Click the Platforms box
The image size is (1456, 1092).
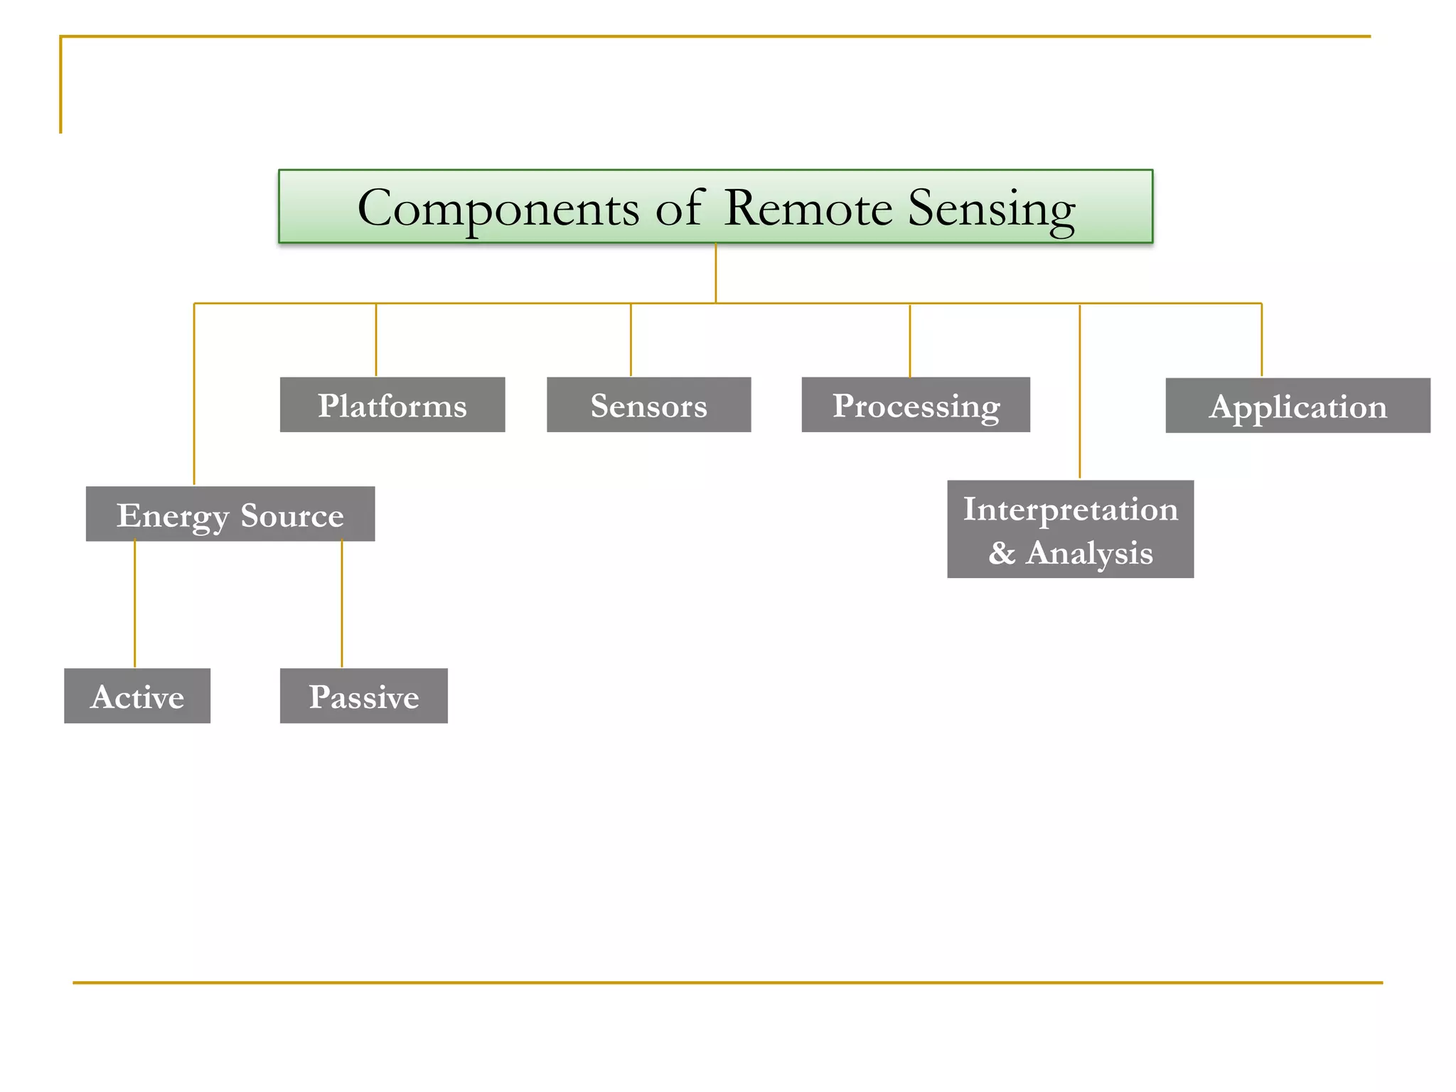[392, 405]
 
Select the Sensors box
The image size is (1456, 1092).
[648, 405]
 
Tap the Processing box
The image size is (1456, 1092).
[916, 405]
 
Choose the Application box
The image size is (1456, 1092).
[1297, 406]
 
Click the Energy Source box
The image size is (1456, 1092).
[230, 514]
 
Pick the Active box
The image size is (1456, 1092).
[137, 696]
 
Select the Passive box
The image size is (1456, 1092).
[363, 696]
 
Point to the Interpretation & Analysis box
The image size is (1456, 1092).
[1070, 530]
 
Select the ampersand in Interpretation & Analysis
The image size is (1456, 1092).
[1002, 553]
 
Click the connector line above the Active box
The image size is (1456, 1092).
[134, 604]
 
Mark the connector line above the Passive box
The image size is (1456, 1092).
[342, 604]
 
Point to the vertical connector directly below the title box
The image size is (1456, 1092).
[715, 273]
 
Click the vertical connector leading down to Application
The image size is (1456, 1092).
[1261, 340]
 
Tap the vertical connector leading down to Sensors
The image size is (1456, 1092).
[631, 340]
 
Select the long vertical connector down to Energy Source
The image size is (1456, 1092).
[194, 395]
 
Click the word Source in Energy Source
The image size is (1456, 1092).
[292, 515]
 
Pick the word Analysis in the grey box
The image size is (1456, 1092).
[1089, 553]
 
